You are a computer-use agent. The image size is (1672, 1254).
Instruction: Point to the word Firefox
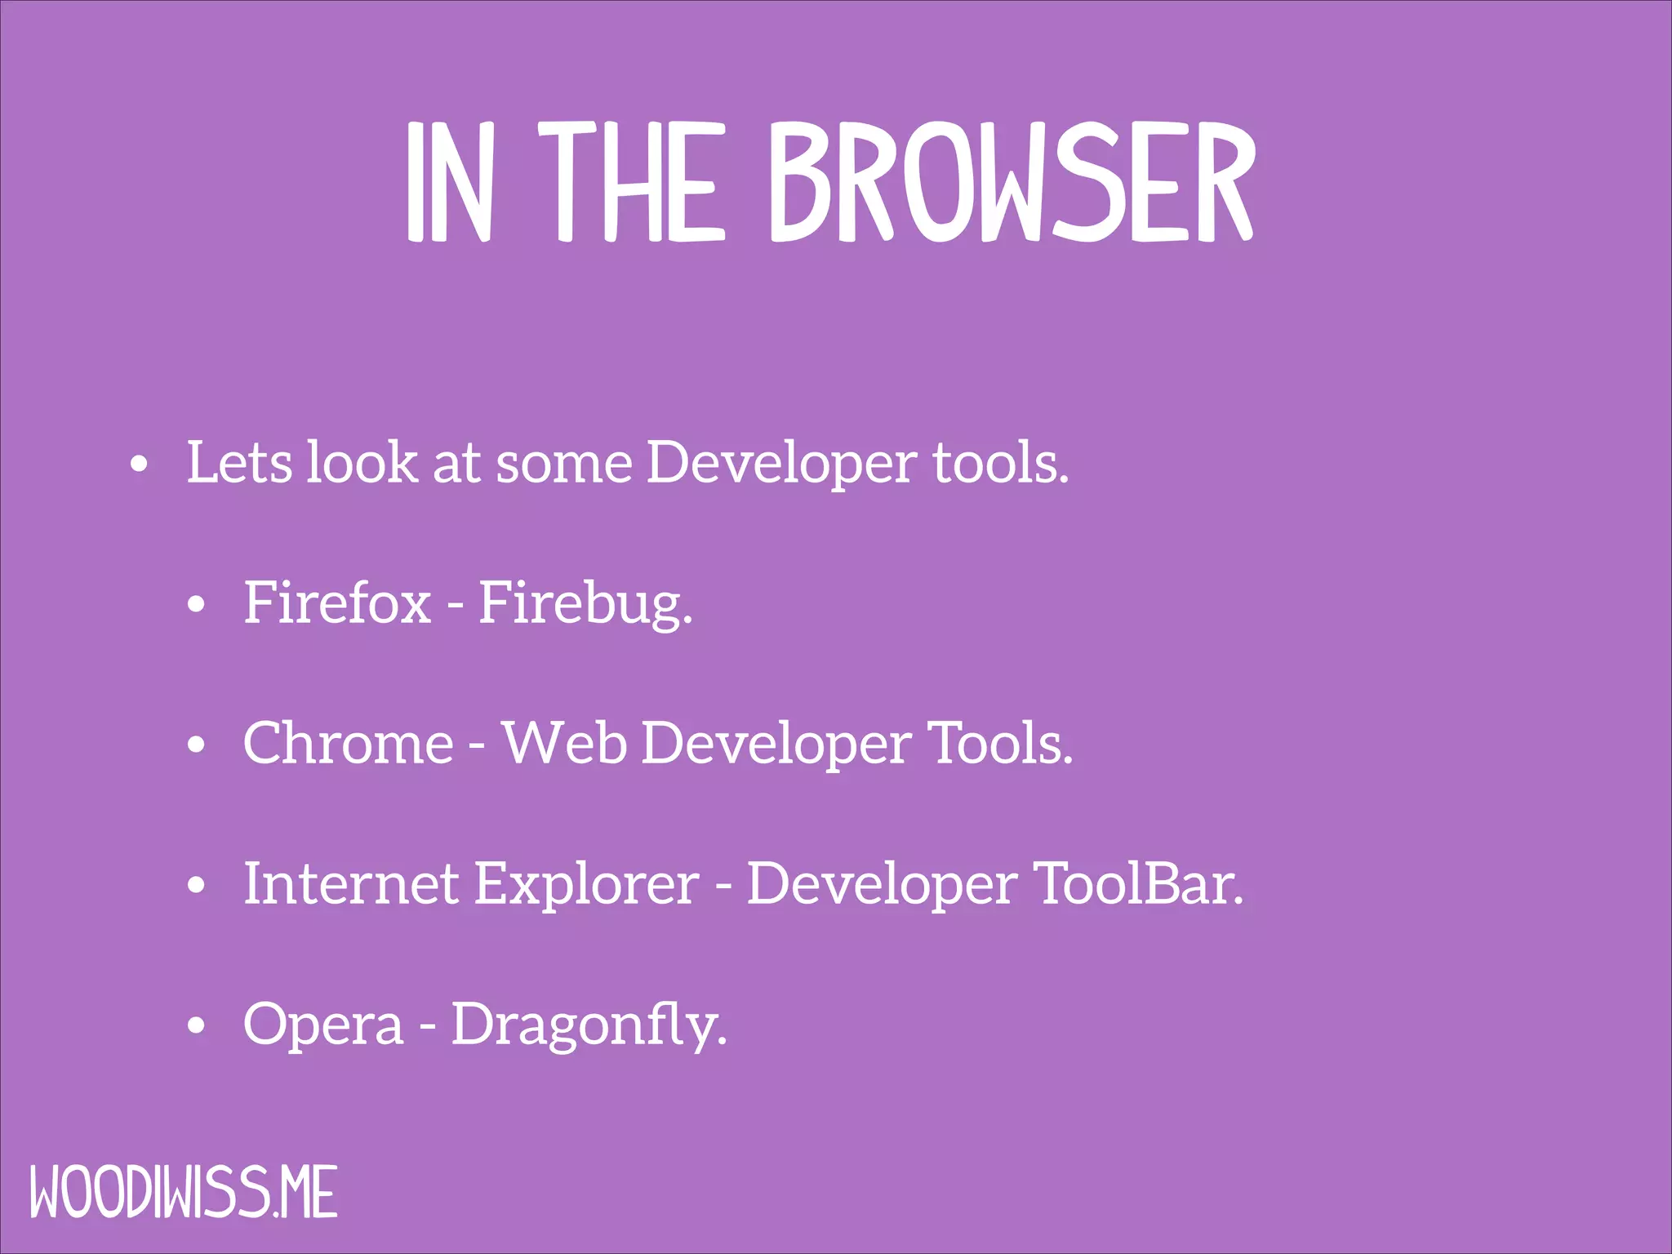[x=337, y=603]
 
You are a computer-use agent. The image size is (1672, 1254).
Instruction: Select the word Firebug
[x=585, y=604]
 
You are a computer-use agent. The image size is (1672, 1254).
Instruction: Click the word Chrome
[x=348, y=743]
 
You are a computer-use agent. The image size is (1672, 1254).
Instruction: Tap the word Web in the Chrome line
[x=564, y=743]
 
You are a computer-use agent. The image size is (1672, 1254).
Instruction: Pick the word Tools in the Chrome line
[x=1000, y=743]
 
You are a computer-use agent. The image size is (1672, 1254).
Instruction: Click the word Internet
[x=351, y=883]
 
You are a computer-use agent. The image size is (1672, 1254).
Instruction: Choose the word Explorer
[x=586, y=885]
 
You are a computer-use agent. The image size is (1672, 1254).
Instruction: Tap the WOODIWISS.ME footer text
[x=184, y=1193]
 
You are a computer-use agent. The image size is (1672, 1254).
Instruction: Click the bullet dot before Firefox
[x=196, y=606]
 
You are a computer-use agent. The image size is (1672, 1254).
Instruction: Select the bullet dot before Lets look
[x=140, y=465]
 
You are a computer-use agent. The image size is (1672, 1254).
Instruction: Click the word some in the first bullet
[x=564, y=464]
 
